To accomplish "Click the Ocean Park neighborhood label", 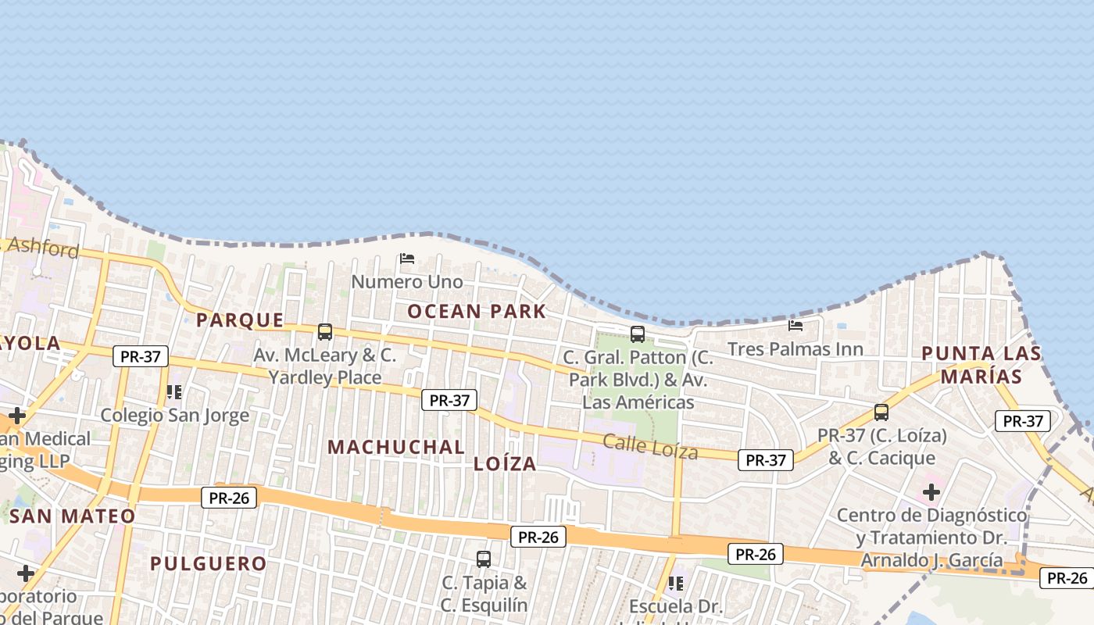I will pos(477,311).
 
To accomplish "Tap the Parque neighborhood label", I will pos(240,320).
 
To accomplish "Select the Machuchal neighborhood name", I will pos(396,447).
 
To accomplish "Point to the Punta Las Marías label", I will pos(981,365).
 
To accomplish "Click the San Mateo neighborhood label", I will pos(73,516).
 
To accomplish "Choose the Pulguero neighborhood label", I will pos(208,563).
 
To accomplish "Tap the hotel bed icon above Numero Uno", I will pos(406,259).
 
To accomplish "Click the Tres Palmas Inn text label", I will pos(795,348).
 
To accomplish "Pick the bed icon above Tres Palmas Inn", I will pos(795,325).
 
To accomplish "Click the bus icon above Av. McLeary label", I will pos(325,332).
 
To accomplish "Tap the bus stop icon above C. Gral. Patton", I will pos(638,334).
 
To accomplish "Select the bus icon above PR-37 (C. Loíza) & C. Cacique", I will pos(881,412).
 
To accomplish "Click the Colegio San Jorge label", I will pos(175,415).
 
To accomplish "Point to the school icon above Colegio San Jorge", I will pos(174,391).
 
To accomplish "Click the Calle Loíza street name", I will pos(650,447).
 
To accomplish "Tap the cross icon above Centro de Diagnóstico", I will pos(931,492).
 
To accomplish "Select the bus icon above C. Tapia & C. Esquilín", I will pos(484,559).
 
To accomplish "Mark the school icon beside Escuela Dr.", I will pos(676,583).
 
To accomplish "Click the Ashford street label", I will pos(43,248).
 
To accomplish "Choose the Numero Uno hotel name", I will pos(406,281).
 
